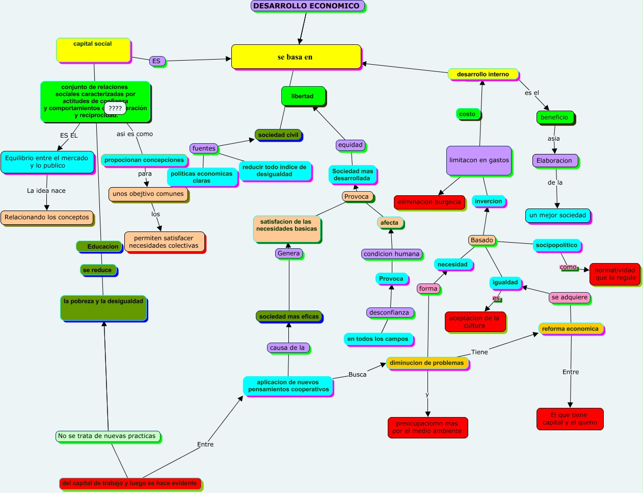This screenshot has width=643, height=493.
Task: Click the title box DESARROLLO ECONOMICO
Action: tap(307, 6)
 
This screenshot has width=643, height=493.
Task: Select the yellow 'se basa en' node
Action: tap(296, 57)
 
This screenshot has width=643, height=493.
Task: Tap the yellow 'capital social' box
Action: tap(93, 50)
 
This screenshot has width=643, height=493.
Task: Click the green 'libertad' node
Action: tap(303, 96)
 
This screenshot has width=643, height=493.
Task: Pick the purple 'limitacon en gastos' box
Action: tap(479, 160)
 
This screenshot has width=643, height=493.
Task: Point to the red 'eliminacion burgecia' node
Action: tap(429, 202)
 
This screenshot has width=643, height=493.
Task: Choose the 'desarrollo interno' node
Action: tap(483, 74)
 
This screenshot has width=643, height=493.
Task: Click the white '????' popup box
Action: tap(115, 108)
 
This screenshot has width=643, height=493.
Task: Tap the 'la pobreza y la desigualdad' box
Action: tap(103, 308)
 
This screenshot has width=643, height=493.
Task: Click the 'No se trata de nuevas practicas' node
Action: tap(107, 436)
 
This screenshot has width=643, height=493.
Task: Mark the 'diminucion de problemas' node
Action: tap(426, 363)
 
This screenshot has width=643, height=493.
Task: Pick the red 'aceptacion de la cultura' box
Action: tap(474, 322)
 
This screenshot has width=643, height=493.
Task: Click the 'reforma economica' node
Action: tap(570, 329)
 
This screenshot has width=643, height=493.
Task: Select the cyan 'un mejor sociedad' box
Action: tap(557, 215)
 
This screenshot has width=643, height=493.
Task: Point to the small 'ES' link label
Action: tap(156, 61)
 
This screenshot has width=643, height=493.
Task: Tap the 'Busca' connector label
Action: tap(357, 375)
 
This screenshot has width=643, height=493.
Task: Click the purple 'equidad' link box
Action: tap(351, 145)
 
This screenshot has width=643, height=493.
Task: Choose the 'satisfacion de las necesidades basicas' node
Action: tap(287, 228)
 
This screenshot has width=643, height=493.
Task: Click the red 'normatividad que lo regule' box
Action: tap(615, 274)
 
